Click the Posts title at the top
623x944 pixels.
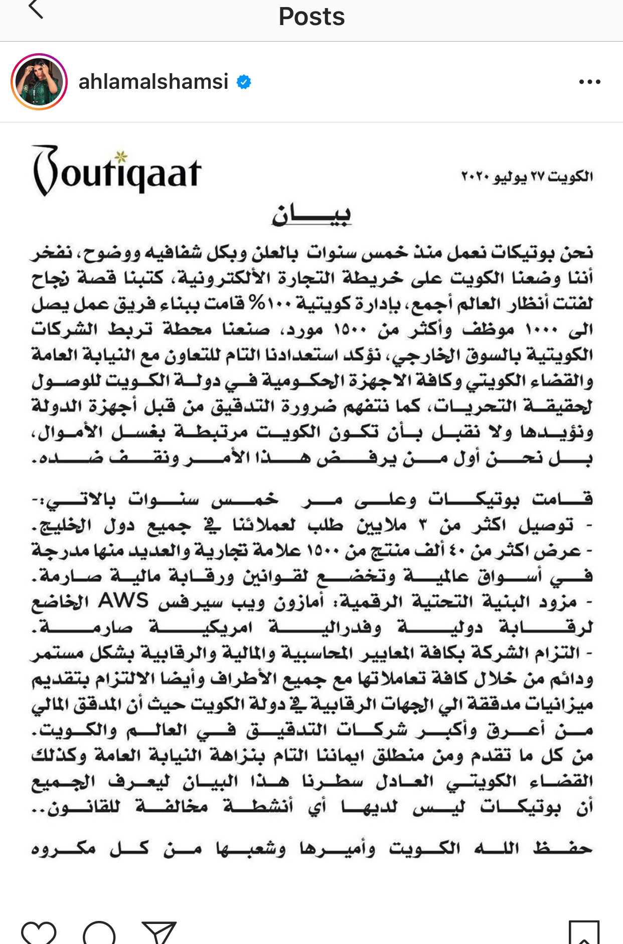[x=311, y=17]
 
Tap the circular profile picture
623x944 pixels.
[x=39, y=82]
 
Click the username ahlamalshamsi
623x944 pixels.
[x=153, y=82]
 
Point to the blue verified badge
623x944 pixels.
[x=244, y=82]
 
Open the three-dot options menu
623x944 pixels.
[x=589, y=82]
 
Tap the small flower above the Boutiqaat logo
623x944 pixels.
[x=120, y=157]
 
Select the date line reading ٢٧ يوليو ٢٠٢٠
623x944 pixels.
[x=527, y=177]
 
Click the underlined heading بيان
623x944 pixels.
[x=311, y=215]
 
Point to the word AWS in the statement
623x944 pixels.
[x=123, y=600]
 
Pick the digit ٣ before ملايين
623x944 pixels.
[x=423, y=525]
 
